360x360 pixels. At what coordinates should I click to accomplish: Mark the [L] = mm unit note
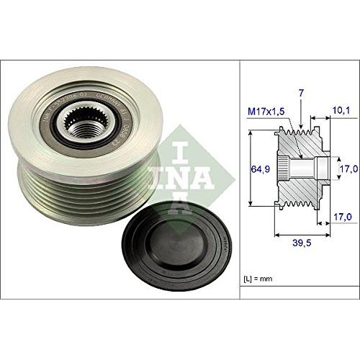261,277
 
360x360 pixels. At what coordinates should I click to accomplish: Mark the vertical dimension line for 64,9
250,169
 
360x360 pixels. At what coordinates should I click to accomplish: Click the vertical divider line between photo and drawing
239,180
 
